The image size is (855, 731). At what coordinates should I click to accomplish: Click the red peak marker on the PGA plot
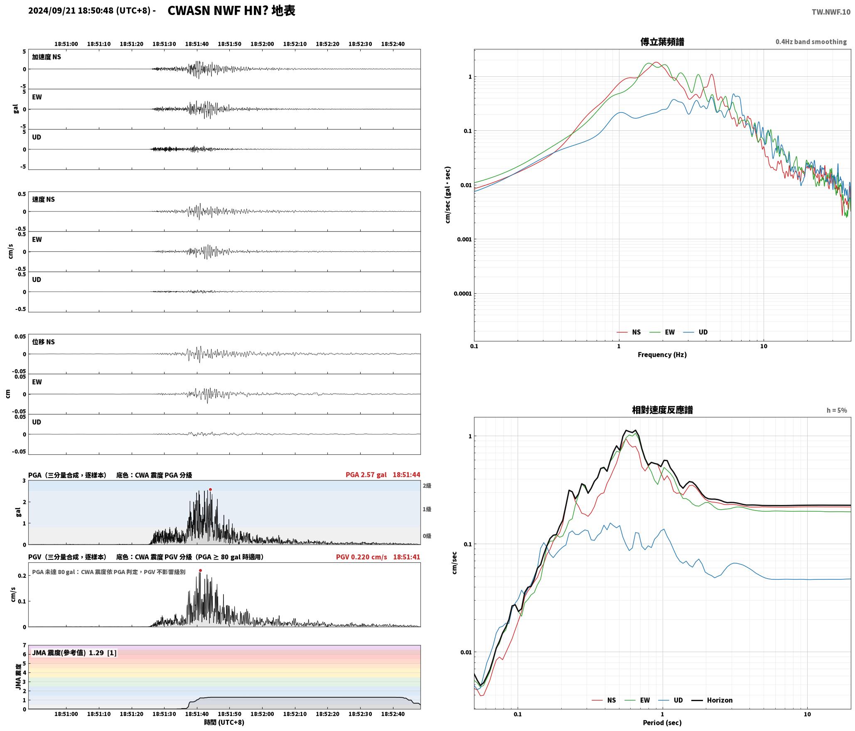pyautogui.click(x=210, y=489)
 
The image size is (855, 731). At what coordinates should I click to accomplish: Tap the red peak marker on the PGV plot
pyautogui.click(x=200, y=570)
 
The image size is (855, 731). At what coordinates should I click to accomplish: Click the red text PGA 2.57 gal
pyautogui.click(x=366, y=475)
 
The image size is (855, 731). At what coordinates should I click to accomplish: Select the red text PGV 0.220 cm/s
pyautogui.click(x=361, y=557)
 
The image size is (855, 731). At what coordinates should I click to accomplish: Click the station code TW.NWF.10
pyautogui.click(x=831, y=12)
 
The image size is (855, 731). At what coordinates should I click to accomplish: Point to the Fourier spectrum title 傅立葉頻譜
pyautogui.click(x=662, y=42)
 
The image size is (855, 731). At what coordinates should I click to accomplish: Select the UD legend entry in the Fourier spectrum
pyautogui.click(x=695, y=332)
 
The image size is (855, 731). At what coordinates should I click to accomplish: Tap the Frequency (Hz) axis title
pyautogui.click(x=662, y=354)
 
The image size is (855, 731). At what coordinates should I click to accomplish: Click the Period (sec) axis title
pyautogui.click(x=662, y=723)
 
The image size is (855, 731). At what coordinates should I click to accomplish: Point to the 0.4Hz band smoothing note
pyautogui.click(x=811, y=42)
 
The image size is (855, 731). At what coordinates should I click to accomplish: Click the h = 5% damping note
pyautogui.click(x=837, y=410)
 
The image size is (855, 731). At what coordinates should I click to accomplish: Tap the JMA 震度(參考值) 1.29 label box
pyautogui.click(x=74, y=653)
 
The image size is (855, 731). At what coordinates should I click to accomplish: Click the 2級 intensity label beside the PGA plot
pyautogui.click(x=427, y=486)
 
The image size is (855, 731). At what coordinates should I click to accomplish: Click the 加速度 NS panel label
pyautogui.click(x=47, y=57)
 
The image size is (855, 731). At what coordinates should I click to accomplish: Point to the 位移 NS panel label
pyautogui.click(x=44, y=342)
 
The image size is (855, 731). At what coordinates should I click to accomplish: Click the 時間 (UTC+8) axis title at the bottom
pyautogui.click(x=224, y=722)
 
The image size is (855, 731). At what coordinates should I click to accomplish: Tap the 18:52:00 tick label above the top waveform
pyautogui.click(x=262, y=44)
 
